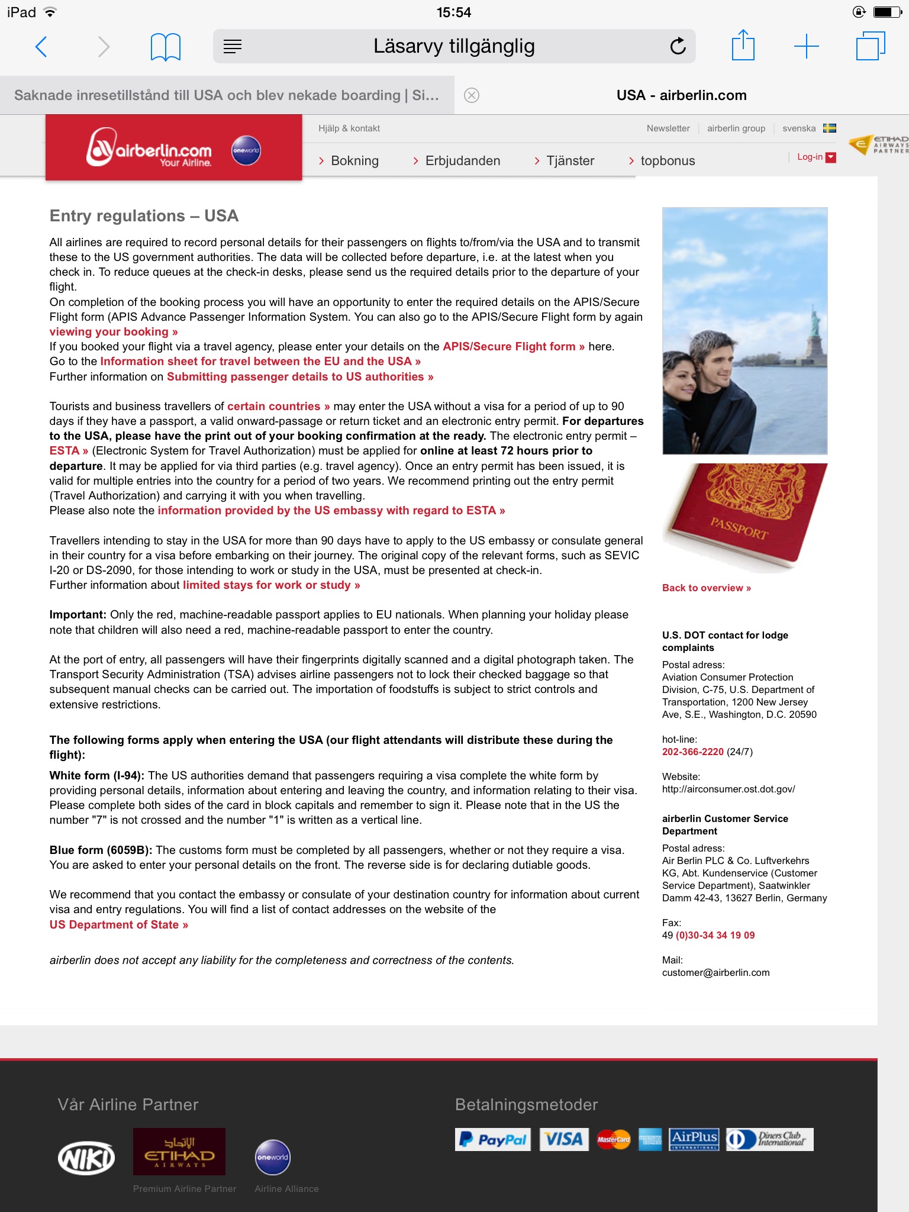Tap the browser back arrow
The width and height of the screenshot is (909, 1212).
[x=41, y=46]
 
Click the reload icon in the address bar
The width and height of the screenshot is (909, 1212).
[x=678, y=46]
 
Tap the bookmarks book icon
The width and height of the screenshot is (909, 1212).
[x=166, y=47]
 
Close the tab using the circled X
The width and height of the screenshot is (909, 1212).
[x=472, y=95]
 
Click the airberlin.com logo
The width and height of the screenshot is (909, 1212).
[x=150, y=148]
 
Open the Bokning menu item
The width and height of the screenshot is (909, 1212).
[x=354, y=160]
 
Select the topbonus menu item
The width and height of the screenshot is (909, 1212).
[x=667, y=160]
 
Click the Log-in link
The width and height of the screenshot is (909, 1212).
[x=809, y=157]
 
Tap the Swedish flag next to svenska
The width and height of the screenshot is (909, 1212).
[x=830, y=128]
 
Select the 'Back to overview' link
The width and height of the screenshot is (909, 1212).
[x=706, y=588]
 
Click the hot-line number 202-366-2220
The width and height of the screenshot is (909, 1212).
[x=692, y=752]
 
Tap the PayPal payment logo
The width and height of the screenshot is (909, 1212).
[x=492, y=1139]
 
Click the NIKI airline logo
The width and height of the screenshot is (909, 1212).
[x=86, y=1158]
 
